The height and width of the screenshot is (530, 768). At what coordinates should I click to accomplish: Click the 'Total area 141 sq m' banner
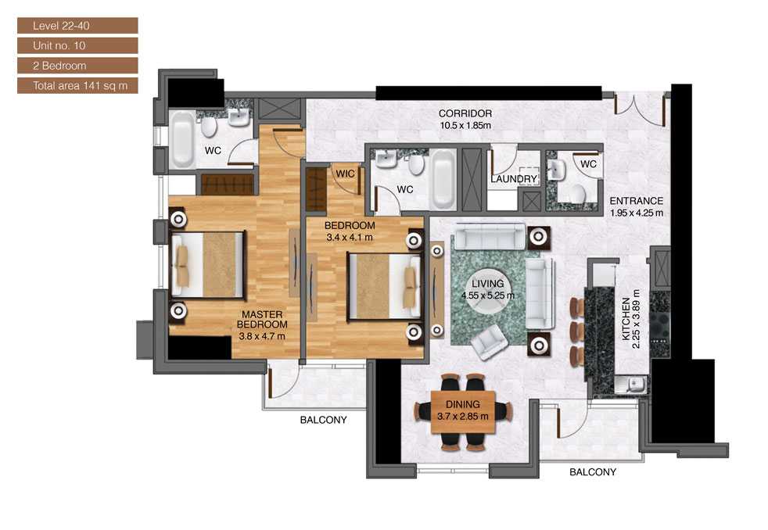[x=77, y=85]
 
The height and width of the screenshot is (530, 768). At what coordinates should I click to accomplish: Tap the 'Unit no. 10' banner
[x=77, y=46]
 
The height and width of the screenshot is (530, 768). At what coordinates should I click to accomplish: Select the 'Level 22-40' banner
[x=77, y=27]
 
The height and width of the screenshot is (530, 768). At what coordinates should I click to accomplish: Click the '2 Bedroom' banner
[x=77, y=66]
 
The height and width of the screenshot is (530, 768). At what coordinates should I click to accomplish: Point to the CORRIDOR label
[x=465, y=114]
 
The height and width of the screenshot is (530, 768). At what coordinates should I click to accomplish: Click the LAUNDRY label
[x=513, y=179]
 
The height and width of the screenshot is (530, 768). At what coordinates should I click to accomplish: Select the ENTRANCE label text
[x=636, y=201]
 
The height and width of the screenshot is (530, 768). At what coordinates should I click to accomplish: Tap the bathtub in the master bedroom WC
[x=183, y=141]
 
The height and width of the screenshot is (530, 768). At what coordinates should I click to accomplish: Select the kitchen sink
[x=635, y=383]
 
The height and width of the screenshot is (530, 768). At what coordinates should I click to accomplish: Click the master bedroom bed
[x=211, y=265]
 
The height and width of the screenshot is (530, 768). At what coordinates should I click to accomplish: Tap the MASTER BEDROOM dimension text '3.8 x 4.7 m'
[x=262, y=336]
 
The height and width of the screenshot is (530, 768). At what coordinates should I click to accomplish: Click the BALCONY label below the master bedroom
[x=323, y=420]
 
